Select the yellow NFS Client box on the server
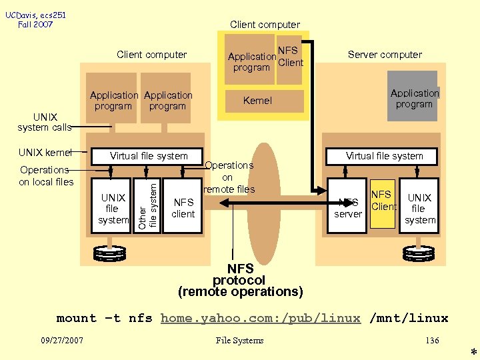coord(383,203)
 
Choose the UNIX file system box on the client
coord(112,205)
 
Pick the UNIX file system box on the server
coord(420,205)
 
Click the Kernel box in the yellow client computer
coord(257,101)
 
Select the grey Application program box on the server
coord(414,98)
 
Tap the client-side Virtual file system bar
coord(149,156)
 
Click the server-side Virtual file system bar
coord(384,156)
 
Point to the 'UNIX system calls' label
coord(44,122)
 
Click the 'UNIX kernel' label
coord(45,152)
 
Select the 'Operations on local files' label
coord(45,175)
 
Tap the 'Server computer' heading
coord(385,55)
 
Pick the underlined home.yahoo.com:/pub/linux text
coord(261,319)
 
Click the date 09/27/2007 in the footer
coord(61,341)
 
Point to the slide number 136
coord(432,341)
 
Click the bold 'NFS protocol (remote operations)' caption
coord(241,280)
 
